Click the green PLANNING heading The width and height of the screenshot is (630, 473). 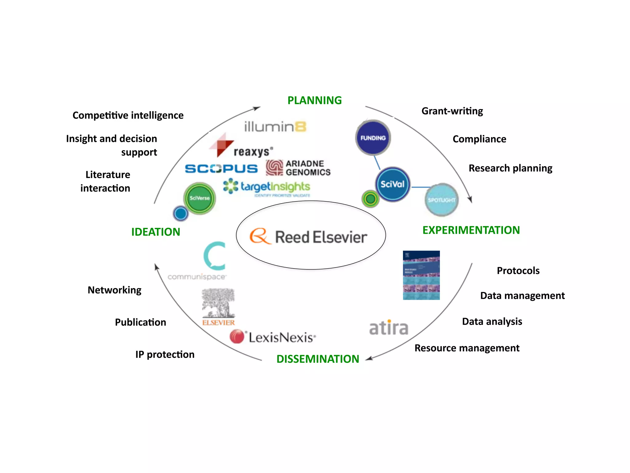click(x=314, y=100)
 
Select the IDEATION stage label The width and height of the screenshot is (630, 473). click(x=156, y=232)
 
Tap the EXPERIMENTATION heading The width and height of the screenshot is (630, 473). click(x=471, y=230)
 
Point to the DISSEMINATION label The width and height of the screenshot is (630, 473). click(x=317, y=359)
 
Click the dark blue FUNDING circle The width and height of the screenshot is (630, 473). click(x=373, y=138)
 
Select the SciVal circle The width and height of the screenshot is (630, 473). click(x=393, y=184)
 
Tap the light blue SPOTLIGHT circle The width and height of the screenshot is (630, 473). click(x=441, y=200)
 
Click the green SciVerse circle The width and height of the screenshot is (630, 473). click(x=199, y=198)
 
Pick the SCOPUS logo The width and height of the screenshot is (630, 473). click(x=221, y=168)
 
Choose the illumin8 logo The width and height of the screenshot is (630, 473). click(x=275, y=127)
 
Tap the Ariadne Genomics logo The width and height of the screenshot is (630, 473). click(x=298, y=168)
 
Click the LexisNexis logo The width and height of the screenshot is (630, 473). click(x=273, y=337)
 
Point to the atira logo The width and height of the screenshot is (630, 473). click(x=389, y=328)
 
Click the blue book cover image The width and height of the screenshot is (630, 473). click(x=421, y=275)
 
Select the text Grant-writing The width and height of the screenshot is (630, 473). click(x=452, y=111)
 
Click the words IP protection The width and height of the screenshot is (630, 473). click(x=165, y=354)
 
